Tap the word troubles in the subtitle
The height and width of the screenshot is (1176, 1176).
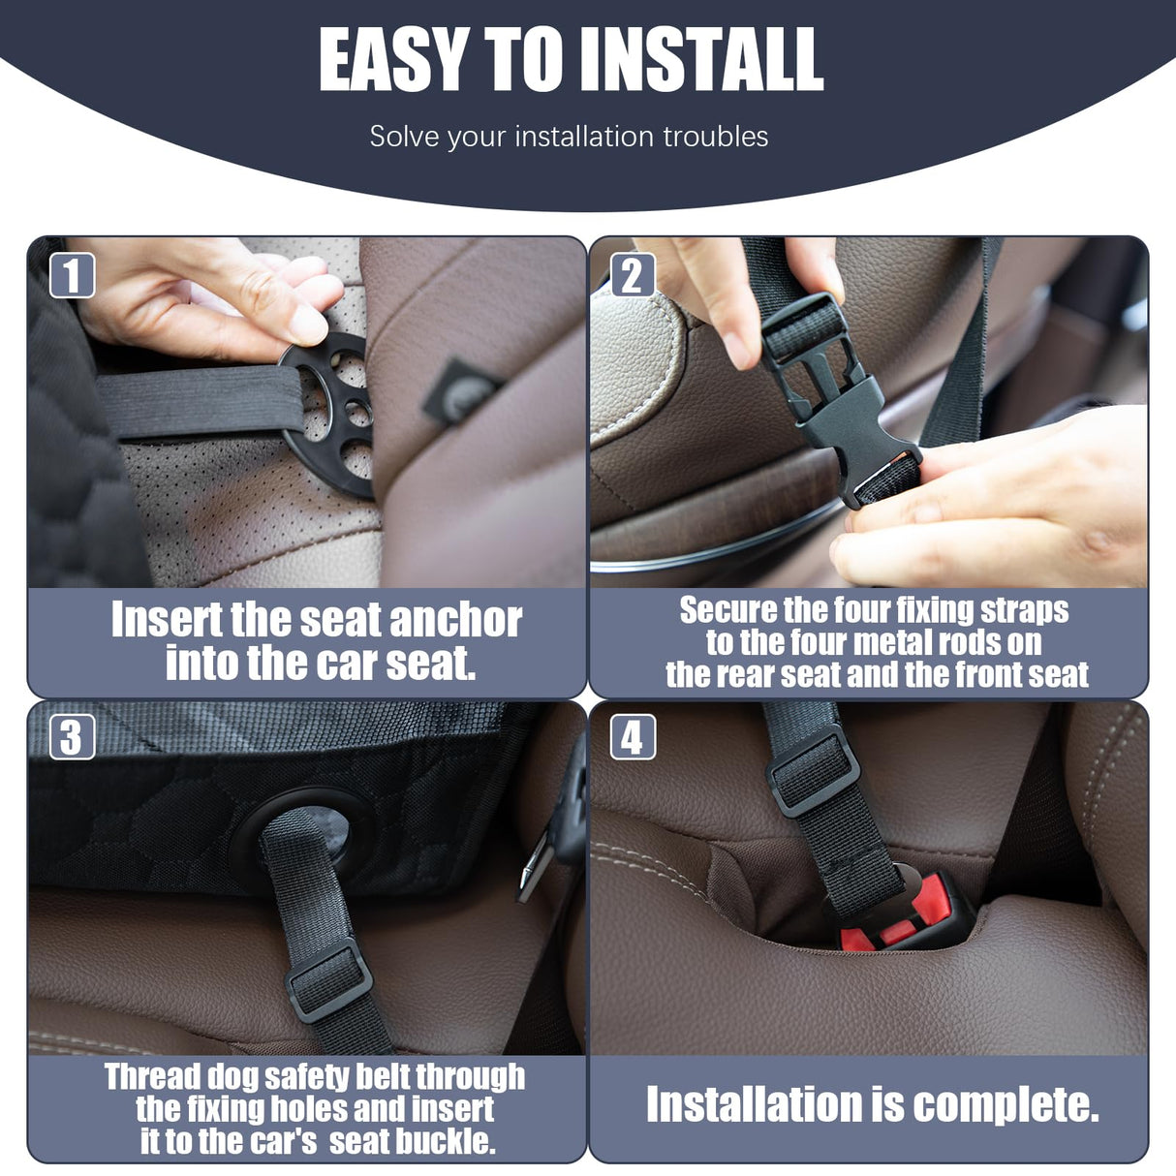[x=716, y=137]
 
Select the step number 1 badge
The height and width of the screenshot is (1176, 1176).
[x=72, y=275]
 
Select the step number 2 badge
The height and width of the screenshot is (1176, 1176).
[x=633, y=275]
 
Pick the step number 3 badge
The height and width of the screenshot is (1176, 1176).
[x=72, y=737]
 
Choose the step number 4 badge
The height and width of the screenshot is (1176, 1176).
[x=633, y=737]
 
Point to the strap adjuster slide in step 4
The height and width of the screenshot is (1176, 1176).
[x=813, y=770]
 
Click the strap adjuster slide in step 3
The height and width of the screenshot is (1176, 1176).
[x=329, y=980]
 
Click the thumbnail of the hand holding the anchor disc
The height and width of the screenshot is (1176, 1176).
[x=223, y=300]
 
